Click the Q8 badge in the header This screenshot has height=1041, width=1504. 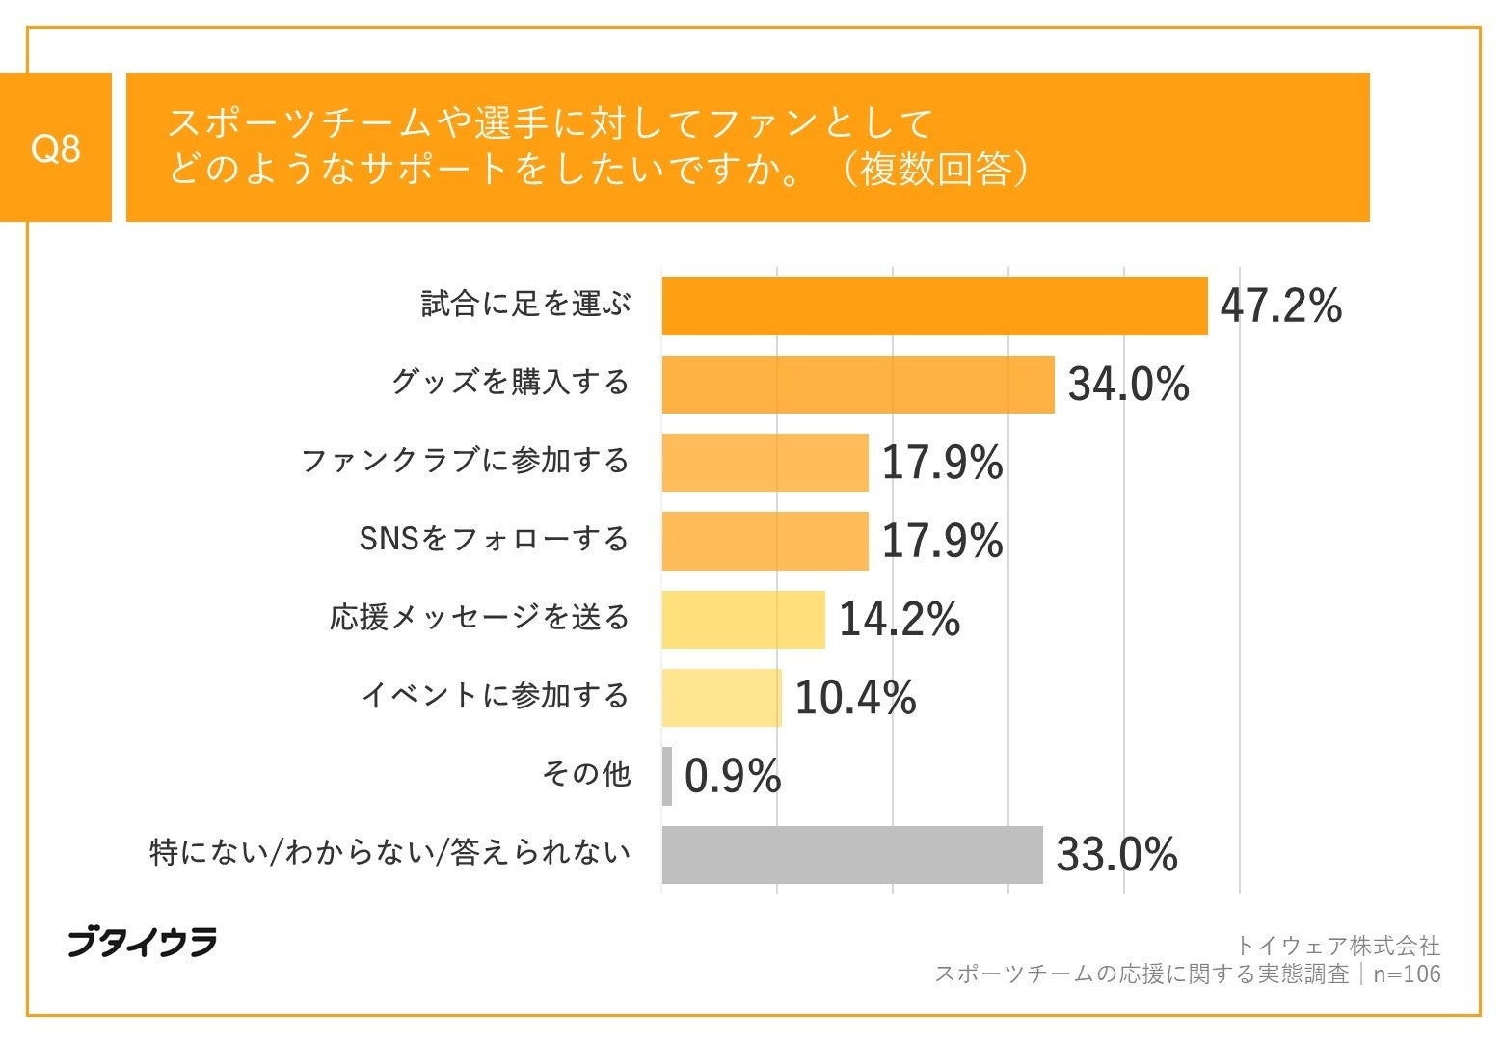pos(56,148)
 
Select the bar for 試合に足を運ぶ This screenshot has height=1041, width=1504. pos(934,307)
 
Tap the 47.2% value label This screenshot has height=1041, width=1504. pos(1280,307)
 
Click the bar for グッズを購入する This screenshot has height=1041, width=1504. pos(858,385)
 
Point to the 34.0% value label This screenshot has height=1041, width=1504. pos(1128,385)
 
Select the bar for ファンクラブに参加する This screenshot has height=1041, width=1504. pos(765,463)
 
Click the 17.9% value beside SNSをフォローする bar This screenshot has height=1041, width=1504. pos(942,541)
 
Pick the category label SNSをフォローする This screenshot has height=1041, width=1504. pos(494,539)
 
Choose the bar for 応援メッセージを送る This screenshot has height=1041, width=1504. pos(743,620)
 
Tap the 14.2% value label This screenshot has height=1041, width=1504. pos(899,619)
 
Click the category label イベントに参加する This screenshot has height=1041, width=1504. pos(495,696)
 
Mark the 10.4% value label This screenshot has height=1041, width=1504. pos(854,698)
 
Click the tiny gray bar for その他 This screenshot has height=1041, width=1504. pos(667,776)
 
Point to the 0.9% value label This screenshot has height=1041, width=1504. pos(732,776)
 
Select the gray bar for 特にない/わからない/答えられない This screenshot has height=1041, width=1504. pos(852,855)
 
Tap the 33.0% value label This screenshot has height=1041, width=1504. pos(1116,855)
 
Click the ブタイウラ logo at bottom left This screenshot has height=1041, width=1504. pos(142,942)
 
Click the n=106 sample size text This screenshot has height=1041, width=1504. pos(1407,974)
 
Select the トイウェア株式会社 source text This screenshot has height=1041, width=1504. pos(1337,946)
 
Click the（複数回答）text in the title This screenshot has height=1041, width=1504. pos(934,170)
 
